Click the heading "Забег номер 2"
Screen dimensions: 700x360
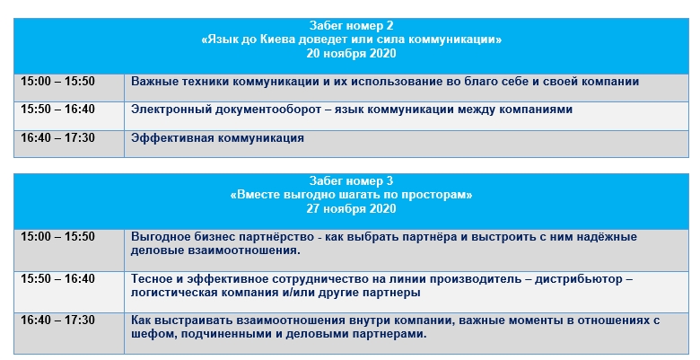coord(351,25)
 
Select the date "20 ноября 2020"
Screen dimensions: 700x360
coord(351,54)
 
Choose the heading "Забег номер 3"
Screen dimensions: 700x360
coord(351,180)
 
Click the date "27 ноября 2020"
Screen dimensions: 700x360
coord(351,209)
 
